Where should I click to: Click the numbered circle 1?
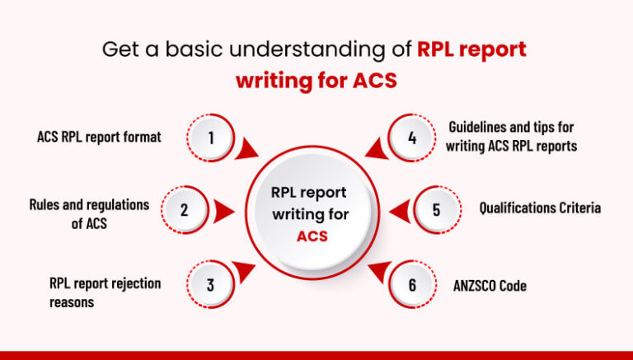pyautogui.click(x=211, y=138)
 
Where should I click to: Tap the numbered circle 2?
pyautogui.click(x=185, y=209)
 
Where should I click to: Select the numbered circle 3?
pyautogui.click(x=211, y=285)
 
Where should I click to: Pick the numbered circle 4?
pyautogui.click(x=412, y=138)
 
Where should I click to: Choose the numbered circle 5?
pyautogui.click(x=436, y=209)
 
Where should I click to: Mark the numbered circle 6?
pyautogui.click(x=412, y=285)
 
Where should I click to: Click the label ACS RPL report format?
pyautogui.click(x=99, y=138)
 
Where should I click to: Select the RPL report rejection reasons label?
pyautogui.click(x=105, y=292)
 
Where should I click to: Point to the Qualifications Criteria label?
pyautogui.click(x=540, y=208)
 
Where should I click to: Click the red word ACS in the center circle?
pyautogui.click(x=312, y=236)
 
